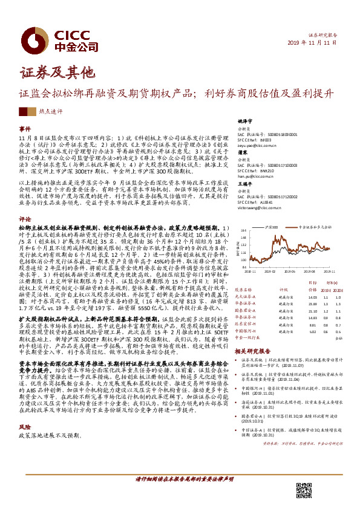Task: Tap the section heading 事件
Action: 24,129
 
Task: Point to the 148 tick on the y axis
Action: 238,230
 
